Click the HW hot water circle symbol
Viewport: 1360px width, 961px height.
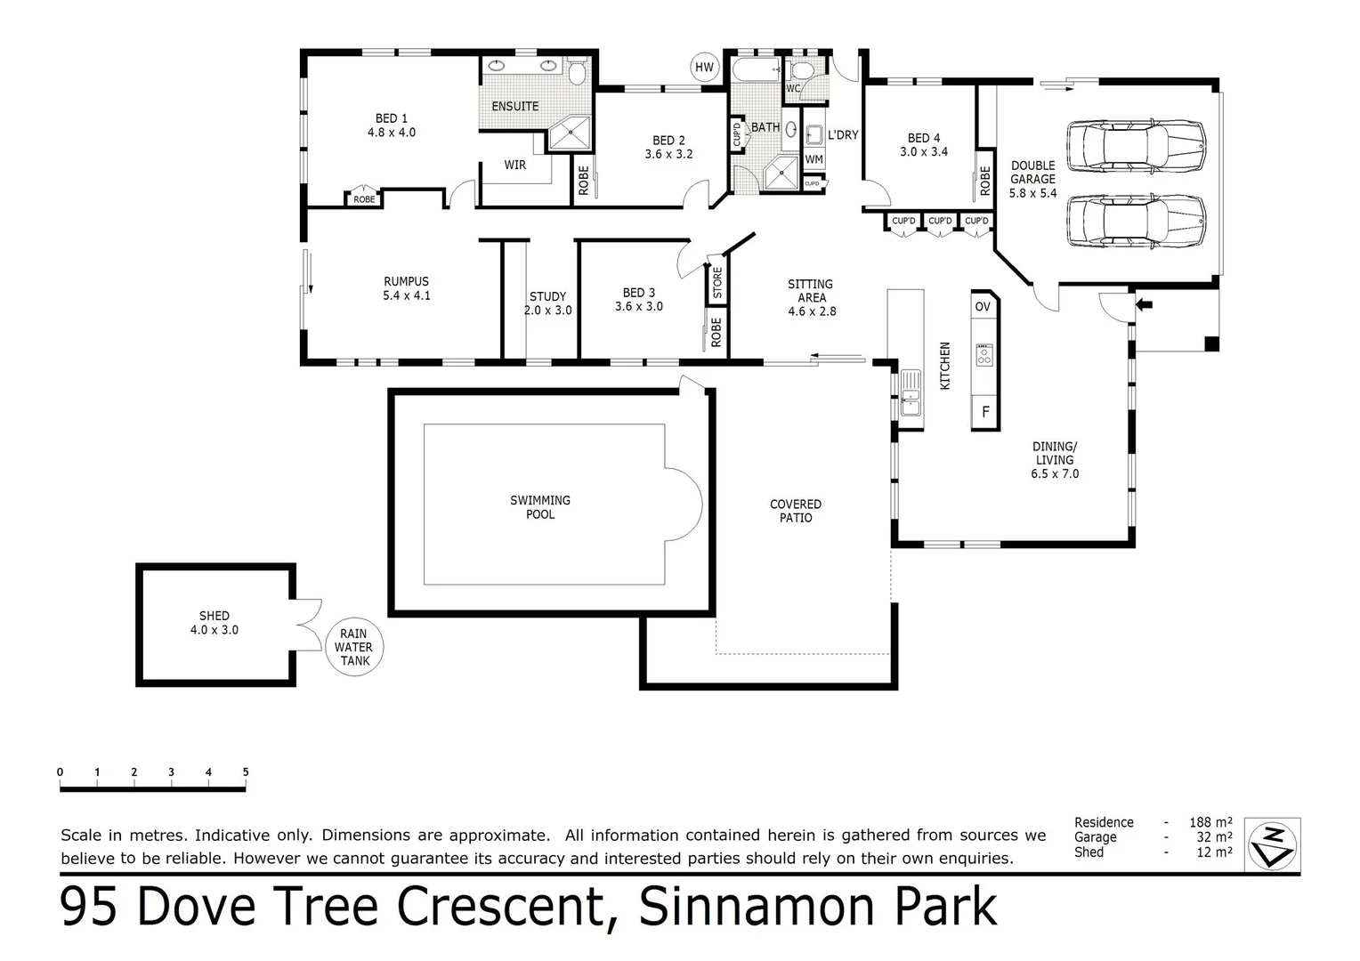point(704,68)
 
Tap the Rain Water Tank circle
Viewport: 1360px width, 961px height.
point(354,647)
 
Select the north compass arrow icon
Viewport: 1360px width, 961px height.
point(1272,844)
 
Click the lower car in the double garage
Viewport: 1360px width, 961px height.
point(1136,220)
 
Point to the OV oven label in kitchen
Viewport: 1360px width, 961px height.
point(983,307)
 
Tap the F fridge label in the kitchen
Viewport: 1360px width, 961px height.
point(984,412)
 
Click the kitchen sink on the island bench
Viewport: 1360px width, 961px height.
point(910,392)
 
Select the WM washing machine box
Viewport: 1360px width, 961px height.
point(814,159)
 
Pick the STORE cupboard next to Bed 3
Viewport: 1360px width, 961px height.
point(717,283)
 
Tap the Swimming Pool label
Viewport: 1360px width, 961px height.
point(540,507)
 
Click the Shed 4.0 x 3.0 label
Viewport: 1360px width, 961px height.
point(215,623)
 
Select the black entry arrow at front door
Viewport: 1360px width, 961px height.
point(1144,305)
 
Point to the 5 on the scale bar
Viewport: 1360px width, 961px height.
point(246,772)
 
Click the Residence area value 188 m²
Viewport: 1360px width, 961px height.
point(1210,822)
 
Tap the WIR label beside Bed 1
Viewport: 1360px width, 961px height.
point(514,165)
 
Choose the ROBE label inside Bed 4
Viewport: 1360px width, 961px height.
point(984,182)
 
